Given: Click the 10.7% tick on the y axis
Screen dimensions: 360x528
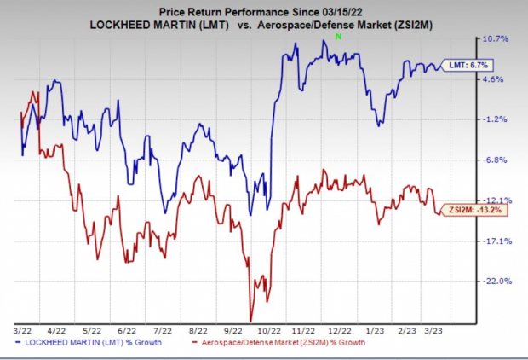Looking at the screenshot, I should (497, 39).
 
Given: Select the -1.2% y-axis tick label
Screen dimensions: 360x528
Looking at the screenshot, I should (497, 119).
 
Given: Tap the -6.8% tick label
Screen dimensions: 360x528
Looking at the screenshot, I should (497, 160).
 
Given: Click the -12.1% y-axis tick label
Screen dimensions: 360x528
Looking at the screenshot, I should (497, 200).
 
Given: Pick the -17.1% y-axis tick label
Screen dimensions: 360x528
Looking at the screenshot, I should (497, 241).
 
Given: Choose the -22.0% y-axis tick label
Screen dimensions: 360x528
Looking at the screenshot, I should (497, 281).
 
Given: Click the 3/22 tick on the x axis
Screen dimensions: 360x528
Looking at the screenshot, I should (21, 328).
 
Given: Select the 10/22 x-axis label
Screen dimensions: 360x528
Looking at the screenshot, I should (270, 328).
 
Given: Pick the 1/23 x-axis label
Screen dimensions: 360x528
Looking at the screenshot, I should (376, 328).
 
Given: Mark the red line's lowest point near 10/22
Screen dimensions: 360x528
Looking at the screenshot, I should (250, 321).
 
